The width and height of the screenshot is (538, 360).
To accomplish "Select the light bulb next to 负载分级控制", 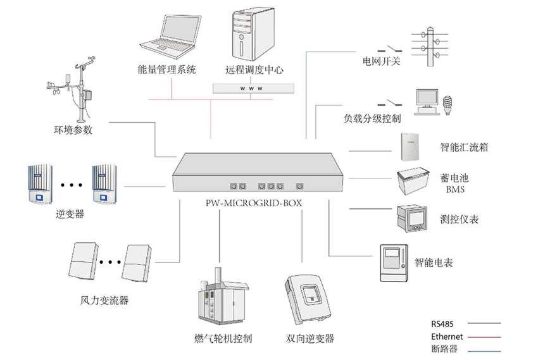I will coord(448,103).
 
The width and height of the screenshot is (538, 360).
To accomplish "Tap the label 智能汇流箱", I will coord(464,148).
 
